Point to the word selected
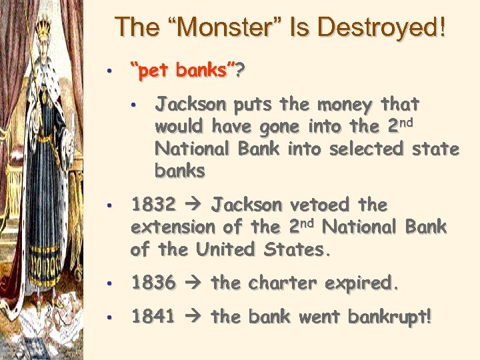pos(363,149)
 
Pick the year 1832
pos(153,204)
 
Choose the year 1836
pos(153,283)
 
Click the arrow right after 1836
pos(193,283)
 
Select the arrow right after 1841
pos(193,317)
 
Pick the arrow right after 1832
pos(193,205)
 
